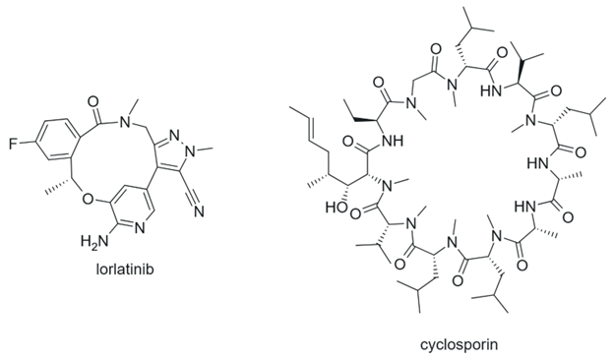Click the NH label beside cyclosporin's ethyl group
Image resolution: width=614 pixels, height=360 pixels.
(392, 140)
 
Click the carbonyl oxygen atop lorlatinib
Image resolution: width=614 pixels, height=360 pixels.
(93, 101)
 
